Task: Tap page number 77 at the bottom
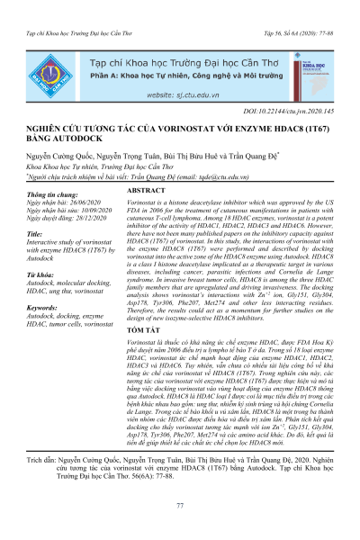(180, 508)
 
